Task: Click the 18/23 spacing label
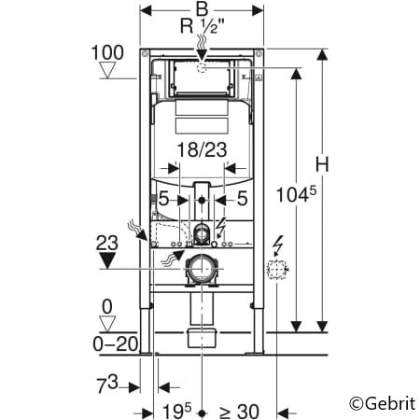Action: coord(201,148)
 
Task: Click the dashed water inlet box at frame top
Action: coord(203,67)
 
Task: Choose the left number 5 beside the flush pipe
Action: coord(162,198)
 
